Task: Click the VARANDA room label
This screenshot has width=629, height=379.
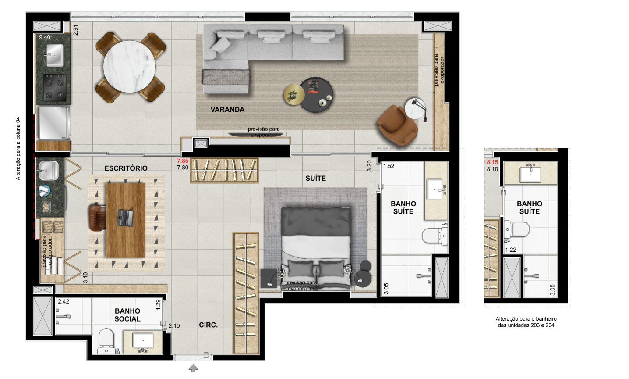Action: [227, 110]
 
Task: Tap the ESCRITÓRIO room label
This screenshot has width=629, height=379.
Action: [126, 168]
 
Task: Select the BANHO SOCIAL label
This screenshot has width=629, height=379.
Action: [127, 315]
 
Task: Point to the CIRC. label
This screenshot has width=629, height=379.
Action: [208, 325]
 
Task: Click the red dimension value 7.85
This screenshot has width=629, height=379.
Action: [183, 161]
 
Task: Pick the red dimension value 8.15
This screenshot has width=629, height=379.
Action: [492, 162]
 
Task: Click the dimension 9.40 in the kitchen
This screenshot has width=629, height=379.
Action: [45, 37]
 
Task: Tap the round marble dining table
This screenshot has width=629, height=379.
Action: [129, 67]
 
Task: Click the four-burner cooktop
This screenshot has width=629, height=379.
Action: [55, 87]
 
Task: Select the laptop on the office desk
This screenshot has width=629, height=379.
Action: [125, 218]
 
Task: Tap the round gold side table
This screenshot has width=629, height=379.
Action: [294, 94]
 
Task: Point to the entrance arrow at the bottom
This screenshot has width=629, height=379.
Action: [193, 368]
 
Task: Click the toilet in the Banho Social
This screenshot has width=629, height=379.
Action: [106, 341]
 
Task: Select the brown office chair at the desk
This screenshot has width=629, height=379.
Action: [97, 218]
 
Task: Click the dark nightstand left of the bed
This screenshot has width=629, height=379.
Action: [269, 279]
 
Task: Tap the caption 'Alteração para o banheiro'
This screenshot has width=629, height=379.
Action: [526, 319]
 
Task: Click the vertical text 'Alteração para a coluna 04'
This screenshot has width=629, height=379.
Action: [18, 148]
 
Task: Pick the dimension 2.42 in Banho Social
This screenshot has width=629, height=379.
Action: [64, 301]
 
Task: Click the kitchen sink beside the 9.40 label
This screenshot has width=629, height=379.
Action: [54, 55]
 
